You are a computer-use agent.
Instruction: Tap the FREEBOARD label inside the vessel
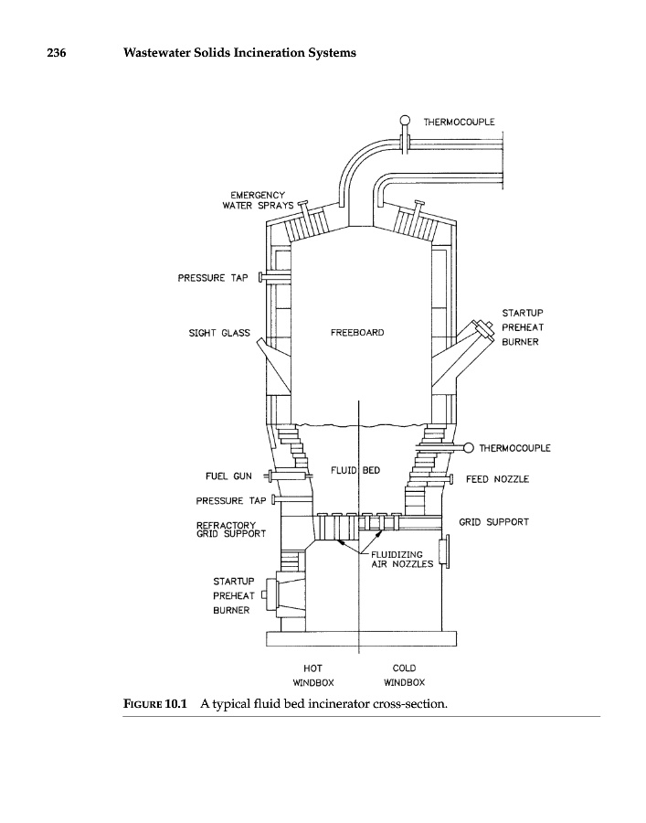(x=357, y=333)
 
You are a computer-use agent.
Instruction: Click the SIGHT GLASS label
(x=219, y=333)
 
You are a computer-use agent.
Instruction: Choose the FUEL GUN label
(x=229, y=476)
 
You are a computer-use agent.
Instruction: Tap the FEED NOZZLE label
(x=497, y=478)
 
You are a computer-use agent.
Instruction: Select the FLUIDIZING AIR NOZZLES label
(x=396, y=559)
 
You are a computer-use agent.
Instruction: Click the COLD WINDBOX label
(x=403, y=675)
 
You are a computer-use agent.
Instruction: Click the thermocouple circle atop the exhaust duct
(x=404, y=120)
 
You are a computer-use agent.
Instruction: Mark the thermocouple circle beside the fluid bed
(x=469, y=447)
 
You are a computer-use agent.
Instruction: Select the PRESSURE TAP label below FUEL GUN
(x=231, y=500)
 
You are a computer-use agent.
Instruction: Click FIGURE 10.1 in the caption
(x=154, y=703)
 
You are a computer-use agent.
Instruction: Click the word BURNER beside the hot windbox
(x=231, y=610)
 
